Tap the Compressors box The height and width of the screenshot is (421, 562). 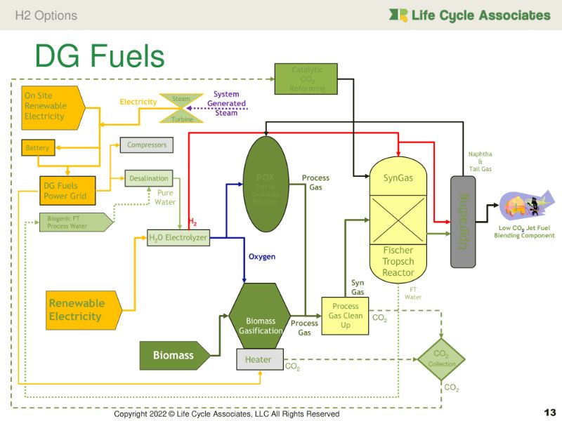147,145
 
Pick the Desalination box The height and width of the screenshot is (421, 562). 149,178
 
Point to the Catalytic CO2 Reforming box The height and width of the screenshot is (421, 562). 308,79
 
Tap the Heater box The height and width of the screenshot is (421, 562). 259,359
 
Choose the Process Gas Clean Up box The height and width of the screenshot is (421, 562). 346,315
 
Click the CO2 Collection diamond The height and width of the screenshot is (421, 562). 441,359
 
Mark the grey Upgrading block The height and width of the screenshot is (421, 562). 463,221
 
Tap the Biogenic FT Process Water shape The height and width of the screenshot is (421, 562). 70,222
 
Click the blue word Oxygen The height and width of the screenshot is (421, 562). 261,257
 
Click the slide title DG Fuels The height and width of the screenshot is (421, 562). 99,56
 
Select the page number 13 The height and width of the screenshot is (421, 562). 549,411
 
